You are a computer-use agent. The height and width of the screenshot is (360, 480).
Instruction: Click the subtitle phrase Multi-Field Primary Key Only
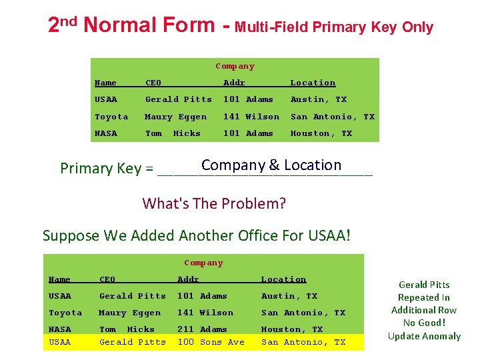[334, 27]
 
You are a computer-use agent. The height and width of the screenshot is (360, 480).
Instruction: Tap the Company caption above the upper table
[235, 66]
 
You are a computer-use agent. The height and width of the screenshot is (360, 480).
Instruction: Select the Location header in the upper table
[313, 83]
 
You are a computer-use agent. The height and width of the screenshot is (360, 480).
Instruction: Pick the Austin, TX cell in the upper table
[318, 99]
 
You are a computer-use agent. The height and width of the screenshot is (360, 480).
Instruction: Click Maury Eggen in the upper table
[175, 117]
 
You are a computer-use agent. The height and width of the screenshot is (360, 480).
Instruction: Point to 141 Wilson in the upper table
[251, 117]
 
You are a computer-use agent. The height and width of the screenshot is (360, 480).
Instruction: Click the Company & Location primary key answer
[271, 165]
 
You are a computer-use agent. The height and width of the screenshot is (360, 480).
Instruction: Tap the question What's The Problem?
[214, 203]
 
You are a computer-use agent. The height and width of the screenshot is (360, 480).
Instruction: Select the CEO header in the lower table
[107, 279]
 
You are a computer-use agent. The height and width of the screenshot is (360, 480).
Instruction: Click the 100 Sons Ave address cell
[211, 342]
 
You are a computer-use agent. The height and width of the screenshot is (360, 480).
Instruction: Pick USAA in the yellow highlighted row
[59, 342]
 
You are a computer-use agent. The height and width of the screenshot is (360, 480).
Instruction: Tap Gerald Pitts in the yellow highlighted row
[132, 342]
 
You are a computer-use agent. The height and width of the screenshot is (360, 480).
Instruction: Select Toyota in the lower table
[65, 313]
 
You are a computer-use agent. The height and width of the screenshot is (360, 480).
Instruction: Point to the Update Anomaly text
[424, 336]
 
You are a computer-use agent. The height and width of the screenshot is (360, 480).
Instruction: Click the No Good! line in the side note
[424, 323]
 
